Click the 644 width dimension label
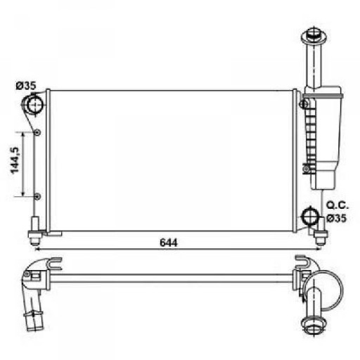pos(169,243)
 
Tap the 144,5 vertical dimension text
pos(15,160)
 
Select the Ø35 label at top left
pos(26,86)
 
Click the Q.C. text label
pos(337,205)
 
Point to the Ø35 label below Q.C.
pos(337,219)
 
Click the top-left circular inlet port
pos(35,105)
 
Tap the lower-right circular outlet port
pos(310,217)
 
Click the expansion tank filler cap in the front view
pos(314,36)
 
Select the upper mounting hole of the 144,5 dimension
pos(37,132)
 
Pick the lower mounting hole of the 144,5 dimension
pos(37,196)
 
